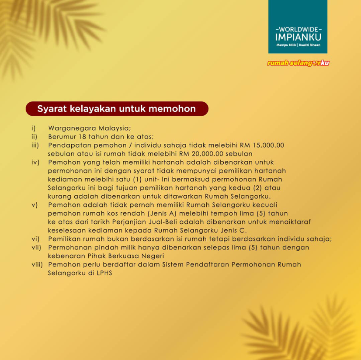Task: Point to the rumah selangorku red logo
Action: (299, 63)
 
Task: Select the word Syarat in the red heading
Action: (52, 108)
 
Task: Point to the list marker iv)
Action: (35, 162)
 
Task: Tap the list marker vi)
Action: (35, 239)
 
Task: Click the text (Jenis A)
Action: (164, 214)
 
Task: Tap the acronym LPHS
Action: (104, 273)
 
